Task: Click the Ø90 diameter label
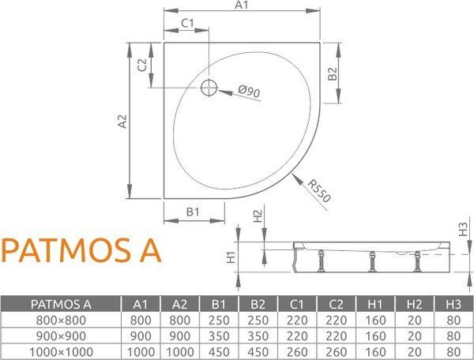coord(248,93)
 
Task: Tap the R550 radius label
coord(318,192)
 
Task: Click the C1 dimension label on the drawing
coord(187,23)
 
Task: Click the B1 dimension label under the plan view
coord(193,211)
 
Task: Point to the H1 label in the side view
coord(231,257)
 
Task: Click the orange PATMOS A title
coord(81,249)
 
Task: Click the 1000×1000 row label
coord(60,351)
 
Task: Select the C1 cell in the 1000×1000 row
coord(297,351)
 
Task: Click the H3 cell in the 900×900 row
coord(453,336)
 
